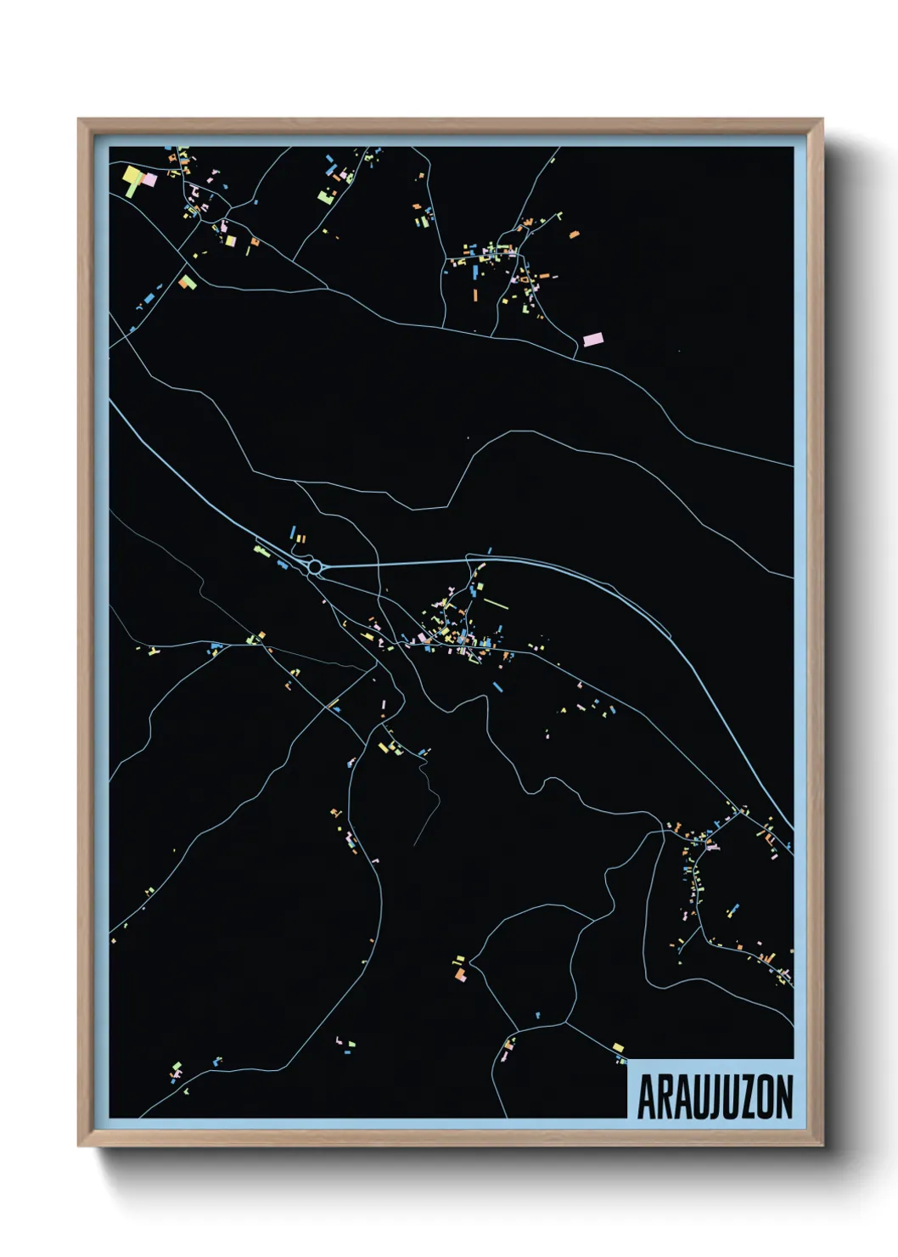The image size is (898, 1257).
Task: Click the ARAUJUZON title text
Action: click(x=715, y=1096)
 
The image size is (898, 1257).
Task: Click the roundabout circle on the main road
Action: click(x=316, y=566)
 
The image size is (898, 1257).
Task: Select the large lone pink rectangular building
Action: click(x=593, y=339)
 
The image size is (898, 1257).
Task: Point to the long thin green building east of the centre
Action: click(x=495, y=604)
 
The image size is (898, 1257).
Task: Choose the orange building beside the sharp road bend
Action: click(x=460, y=976)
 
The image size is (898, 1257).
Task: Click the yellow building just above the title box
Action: click(x=617, y=1046)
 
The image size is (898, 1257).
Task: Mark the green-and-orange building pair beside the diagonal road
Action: click(x=187, y=281)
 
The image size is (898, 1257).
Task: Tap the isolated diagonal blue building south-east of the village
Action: click(x=498, y=684)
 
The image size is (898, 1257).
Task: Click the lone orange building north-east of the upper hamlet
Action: click(x=575, y=233)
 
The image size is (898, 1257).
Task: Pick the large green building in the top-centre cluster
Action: click(x=325, y=197)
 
